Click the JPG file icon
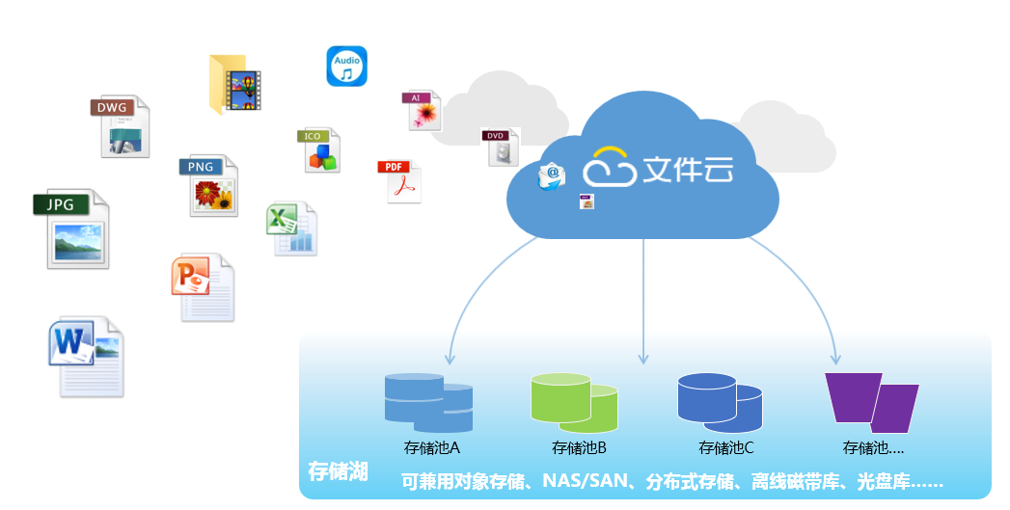pos(71,229)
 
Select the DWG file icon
pos(121,127)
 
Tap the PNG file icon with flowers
pos(208,185)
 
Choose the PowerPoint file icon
pos(203,288)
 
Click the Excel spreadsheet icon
pos(291,228)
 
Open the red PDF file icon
pos(399,181)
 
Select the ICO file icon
pos(319,150)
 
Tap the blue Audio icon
pos(346,67)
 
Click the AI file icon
pos(422,110)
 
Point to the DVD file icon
pos(500,147)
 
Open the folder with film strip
pos(235,85)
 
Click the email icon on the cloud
pos(552,176)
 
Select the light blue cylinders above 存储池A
pos(428,402)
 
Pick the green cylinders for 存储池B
pos(575,402)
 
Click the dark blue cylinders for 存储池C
pos(720,402)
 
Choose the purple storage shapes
pos(871,402)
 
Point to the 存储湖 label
pos(338,471)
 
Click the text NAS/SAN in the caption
pos(586,481)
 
